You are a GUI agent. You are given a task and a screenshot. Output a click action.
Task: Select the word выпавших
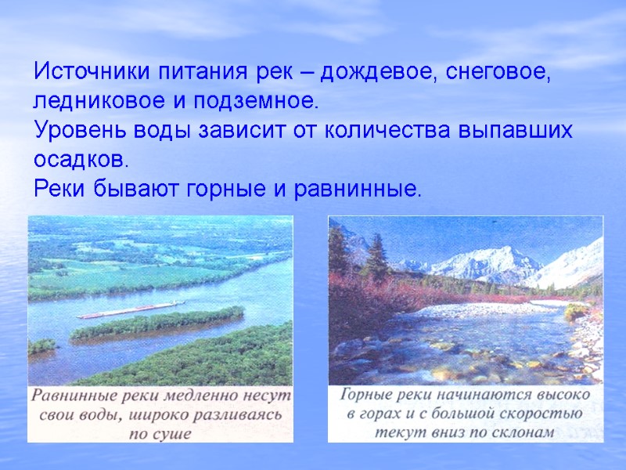(x=515, y=131)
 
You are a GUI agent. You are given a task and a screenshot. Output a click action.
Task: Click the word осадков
(x=79, y=160)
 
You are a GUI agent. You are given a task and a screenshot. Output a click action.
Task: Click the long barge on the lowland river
(x=129, y=310)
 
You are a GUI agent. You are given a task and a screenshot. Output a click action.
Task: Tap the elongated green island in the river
(x=156, y=324)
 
